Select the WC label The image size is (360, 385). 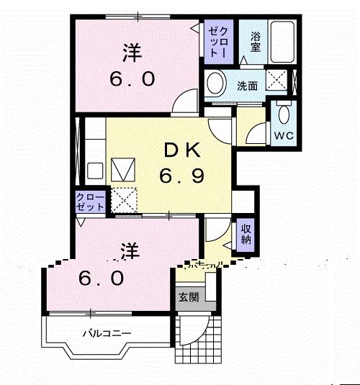[283, 135]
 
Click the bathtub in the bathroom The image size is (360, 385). [284, 41]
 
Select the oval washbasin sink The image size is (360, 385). [215, 85]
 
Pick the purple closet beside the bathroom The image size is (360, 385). [217, 42]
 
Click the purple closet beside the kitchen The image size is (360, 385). [91, 201]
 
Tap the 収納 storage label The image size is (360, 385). [246, 235]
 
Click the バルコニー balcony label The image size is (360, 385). [105, 333]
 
